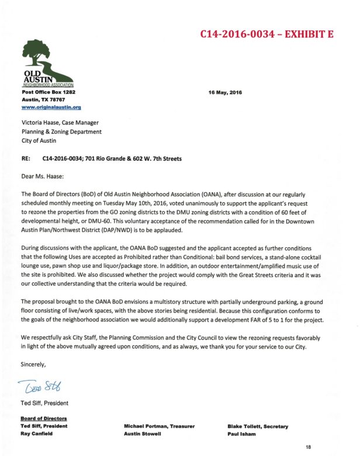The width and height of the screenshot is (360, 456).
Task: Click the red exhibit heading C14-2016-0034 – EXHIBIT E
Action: click(266, 34)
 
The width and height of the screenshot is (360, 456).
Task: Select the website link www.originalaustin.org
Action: click(51, 108)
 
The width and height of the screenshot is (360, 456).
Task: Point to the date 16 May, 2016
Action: click(225, 92)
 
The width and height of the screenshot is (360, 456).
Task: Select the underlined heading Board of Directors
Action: click(44, 419)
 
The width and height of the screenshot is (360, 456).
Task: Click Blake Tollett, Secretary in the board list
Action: click(258, 427)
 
